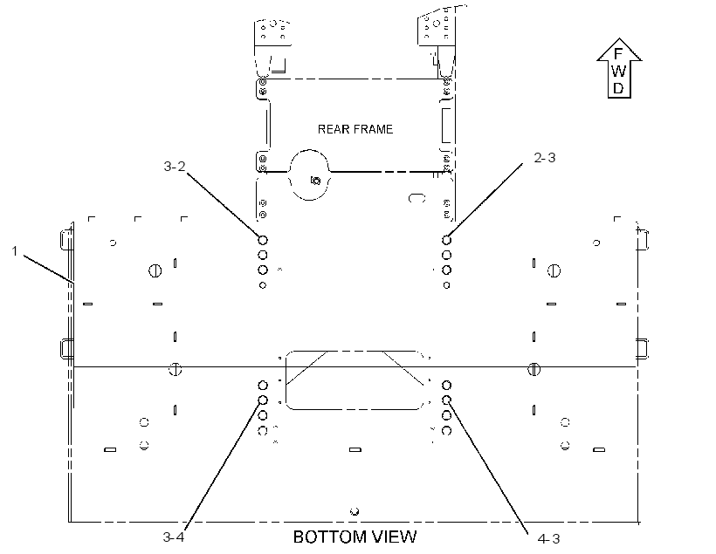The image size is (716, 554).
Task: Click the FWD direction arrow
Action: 619,68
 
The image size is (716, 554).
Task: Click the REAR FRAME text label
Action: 355,129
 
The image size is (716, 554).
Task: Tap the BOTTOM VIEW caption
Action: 355,537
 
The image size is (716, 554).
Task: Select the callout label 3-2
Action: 175,166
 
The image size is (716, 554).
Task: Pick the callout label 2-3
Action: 545,157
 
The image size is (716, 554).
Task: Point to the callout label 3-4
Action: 174,537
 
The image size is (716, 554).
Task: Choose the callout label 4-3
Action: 549,539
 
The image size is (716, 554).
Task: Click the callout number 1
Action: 15,251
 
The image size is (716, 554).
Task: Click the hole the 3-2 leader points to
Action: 263,240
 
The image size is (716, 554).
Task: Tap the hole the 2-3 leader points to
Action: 446,240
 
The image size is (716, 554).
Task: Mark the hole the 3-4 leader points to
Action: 263,400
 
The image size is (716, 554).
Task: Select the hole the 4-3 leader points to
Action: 446,400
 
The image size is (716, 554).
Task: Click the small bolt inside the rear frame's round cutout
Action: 315,181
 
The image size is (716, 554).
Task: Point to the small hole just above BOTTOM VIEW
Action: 355,511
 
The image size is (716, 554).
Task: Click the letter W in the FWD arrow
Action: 618,72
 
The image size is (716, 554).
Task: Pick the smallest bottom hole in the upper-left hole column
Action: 263,285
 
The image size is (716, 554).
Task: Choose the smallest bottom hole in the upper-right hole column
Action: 446,285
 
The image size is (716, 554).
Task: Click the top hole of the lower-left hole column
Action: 263,386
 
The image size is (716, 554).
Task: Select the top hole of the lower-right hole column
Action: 446,386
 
